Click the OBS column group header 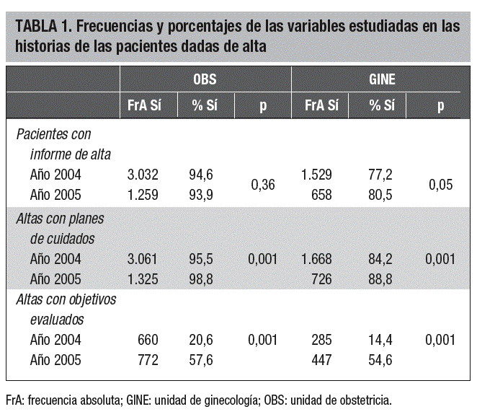pyautogui.click(x=205, y=79)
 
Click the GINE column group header pyautogui.click(x=381, y=79)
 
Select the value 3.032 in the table pyautogui.click(x=143, y=174)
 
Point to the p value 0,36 pyautogui.click(x=263, y=185)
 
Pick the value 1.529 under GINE pyautogui.click(x=320, y=174)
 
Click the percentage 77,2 pyautogui.click(x=380, y=174)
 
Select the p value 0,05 pyautogui.click(x=440, y=185)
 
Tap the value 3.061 pyautogui.click(x=143, y=258)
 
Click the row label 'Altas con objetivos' pyautogui.click(x=66, y=299)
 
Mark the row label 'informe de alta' pyautogui.click(x=70, y=154)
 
